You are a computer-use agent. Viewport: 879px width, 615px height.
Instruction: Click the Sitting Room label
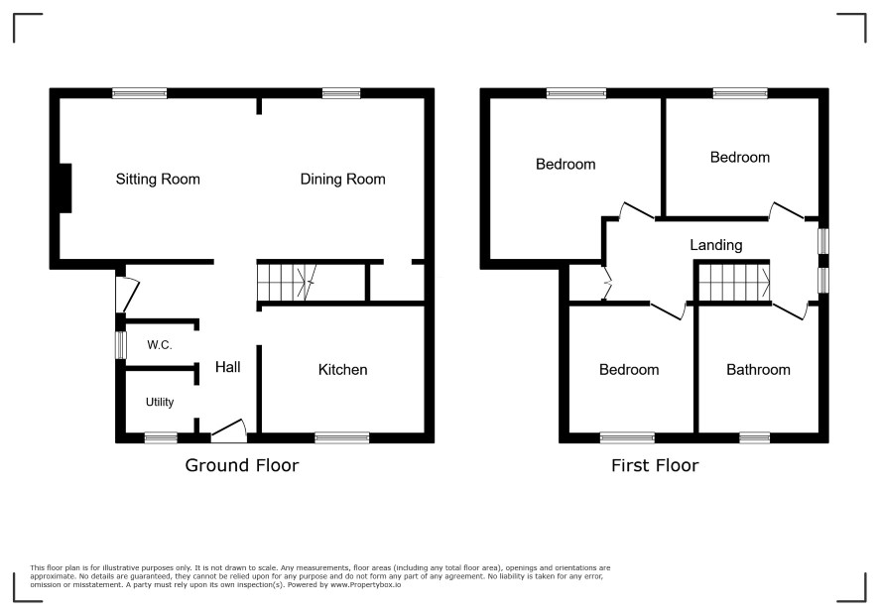(158, 180)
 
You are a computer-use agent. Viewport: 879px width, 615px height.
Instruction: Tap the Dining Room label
(342, 180)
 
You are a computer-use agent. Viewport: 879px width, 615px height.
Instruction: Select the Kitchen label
(342, 370)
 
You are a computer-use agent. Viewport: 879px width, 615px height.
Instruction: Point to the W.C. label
(159, 345)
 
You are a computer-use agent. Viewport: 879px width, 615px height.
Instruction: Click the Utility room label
(160, 402)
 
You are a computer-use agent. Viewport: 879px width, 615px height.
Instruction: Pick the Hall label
(227, 367)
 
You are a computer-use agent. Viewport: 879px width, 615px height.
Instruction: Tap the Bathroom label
(759, 370)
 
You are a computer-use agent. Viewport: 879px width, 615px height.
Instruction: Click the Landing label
(716, 245)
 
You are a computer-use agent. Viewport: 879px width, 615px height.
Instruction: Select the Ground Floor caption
(242, 465)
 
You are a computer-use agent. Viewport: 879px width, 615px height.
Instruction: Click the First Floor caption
(655, 465)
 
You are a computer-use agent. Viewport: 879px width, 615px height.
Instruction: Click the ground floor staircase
(286, 283)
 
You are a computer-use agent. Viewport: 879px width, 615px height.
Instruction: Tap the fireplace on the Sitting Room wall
(65, 188)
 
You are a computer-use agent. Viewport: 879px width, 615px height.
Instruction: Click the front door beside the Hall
(229, 431)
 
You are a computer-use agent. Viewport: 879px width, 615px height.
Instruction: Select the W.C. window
(120, 345)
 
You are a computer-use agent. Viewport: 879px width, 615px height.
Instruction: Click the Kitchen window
(342, 437)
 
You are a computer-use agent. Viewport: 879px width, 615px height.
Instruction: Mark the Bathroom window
(755, 437)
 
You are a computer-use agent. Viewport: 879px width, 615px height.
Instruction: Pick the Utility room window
(161, 437)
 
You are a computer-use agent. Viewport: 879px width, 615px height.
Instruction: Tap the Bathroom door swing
(791, 310)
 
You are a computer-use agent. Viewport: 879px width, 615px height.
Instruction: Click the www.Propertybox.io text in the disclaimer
(365, 584)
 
